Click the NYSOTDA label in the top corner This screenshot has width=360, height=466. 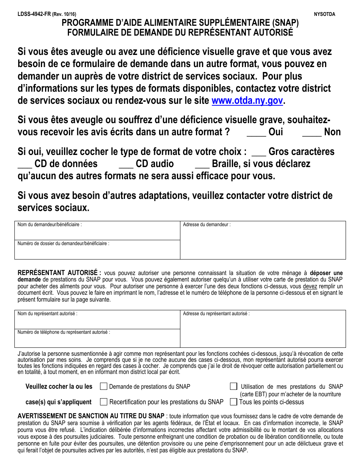point(324,14)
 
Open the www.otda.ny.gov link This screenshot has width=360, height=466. point(247,101)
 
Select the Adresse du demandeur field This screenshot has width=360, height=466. point(263,242)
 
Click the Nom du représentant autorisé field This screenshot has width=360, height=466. point(97,322)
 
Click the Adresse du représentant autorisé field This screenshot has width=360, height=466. point(263,331)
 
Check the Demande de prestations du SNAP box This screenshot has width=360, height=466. point(103,386)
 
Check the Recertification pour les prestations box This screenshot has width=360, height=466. point(103,402)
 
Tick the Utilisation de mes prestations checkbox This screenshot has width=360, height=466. point(234,386)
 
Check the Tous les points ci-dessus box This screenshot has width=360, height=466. point(234,402)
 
